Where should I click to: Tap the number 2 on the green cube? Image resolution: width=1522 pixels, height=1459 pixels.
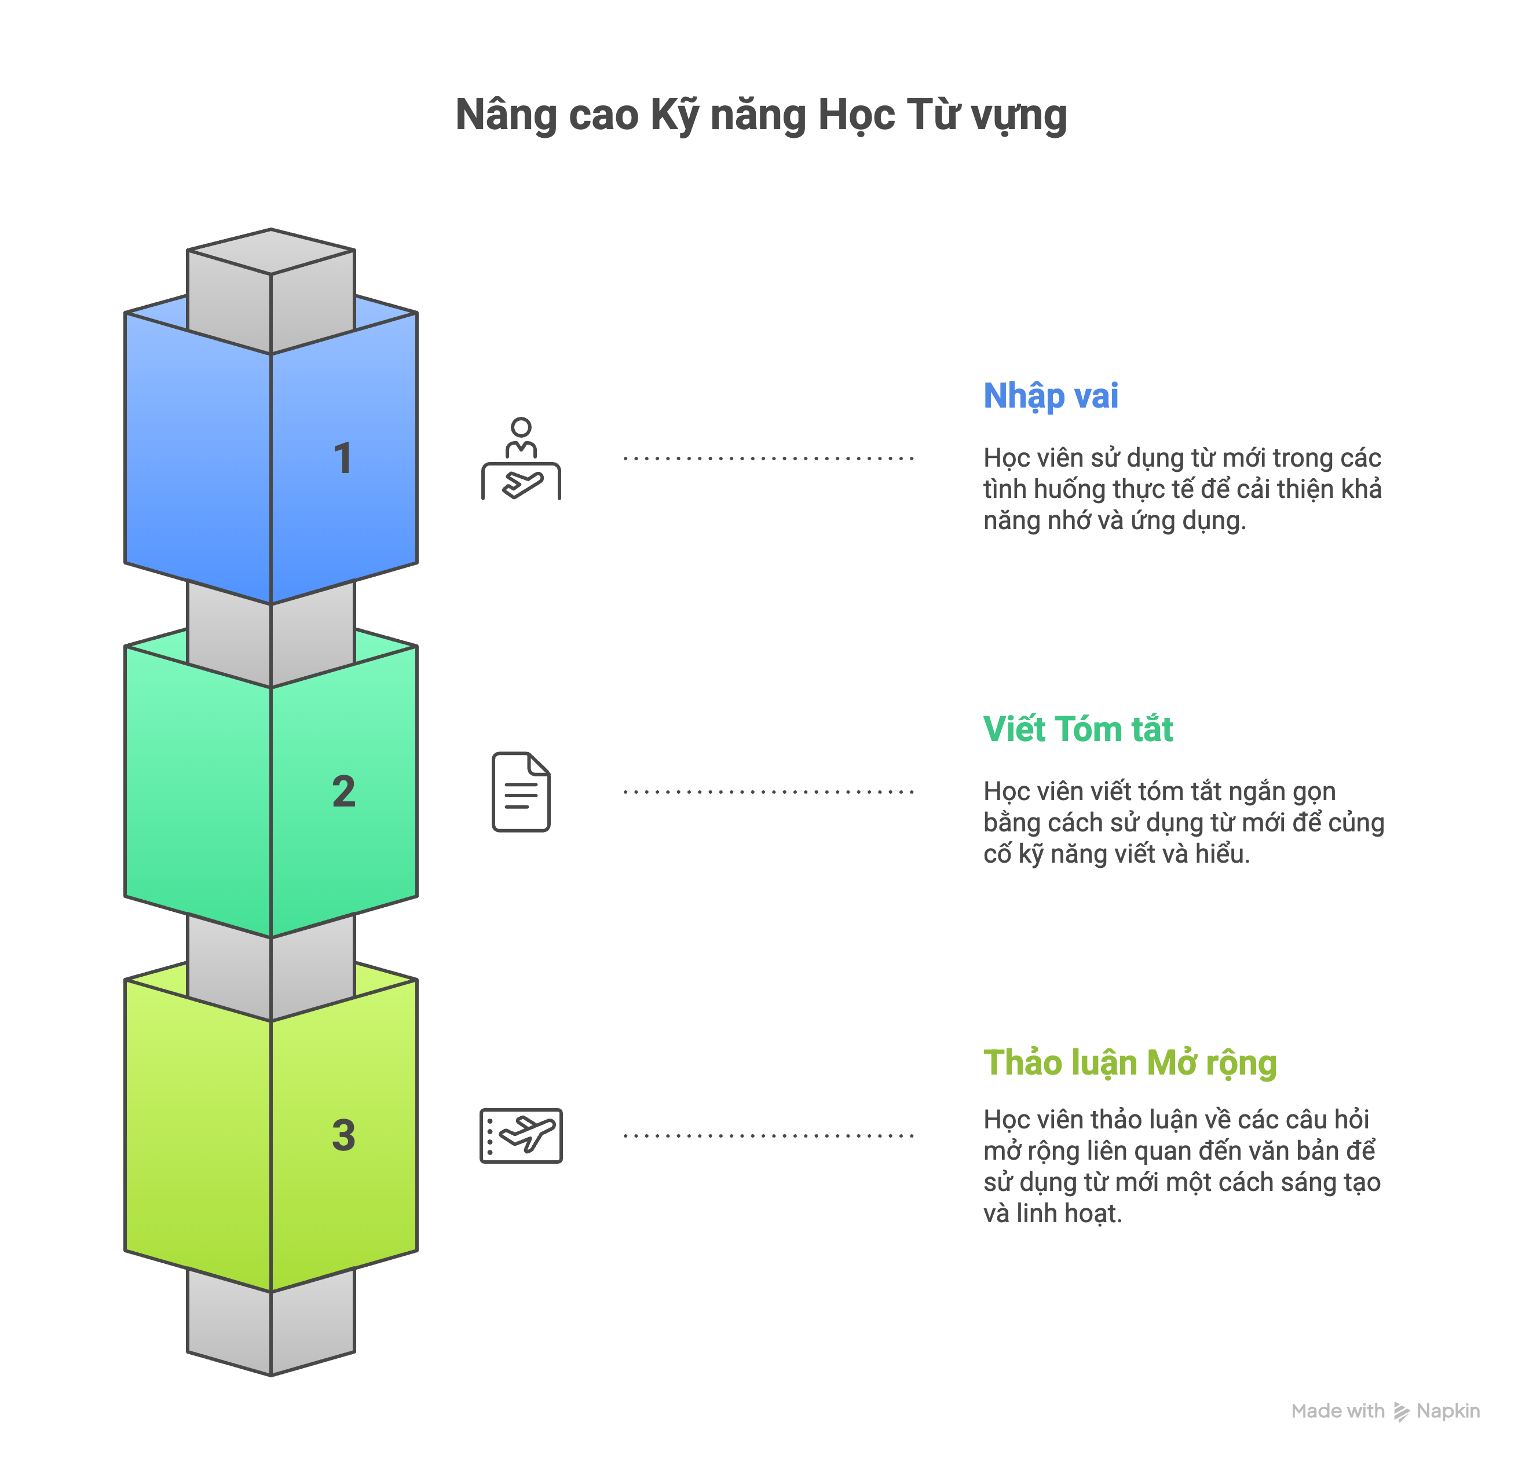pos(343,791)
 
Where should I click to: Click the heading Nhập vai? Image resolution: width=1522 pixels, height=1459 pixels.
pos(1050,396)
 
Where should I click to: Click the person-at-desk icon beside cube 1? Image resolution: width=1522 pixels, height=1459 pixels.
pos(521,459)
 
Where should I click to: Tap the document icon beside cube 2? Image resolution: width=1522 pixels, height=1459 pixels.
pos(521,791)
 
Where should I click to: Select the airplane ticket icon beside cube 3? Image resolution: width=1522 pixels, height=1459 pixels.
pos(521,1135)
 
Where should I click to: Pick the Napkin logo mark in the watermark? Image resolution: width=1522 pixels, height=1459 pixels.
pos(1401,1411)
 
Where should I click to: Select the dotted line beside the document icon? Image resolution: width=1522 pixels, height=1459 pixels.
pos(768,792)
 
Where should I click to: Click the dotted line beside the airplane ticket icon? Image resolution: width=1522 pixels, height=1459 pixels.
pos(768,1135)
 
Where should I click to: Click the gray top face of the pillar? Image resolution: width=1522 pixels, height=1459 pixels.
pos(271,251)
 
